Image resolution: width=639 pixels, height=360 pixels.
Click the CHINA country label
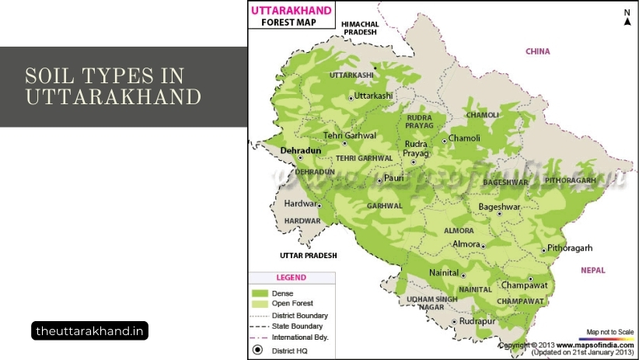(x=537, y=51)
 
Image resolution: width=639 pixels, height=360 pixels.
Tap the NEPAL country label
(x=593, y=269)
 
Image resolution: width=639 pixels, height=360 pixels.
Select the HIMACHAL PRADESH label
(x=358, y=28)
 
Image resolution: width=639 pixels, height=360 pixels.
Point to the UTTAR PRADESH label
(x=309, y=255)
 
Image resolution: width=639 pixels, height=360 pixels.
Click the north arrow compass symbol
(x=627, y=18)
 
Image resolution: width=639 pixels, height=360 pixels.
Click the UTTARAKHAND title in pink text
(x=291, y=10)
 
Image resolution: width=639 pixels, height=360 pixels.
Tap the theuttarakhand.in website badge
(x=90, y=331)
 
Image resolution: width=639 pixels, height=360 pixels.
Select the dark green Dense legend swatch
(x=259, y=293)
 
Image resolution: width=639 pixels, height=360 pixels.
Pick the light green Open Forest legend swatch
(x=259, y=303)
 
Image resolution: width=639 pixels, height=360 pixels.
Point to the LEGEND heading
(x=292, y=278)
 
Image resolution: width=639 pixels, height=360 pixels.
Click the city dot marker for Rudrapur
(x=454, y=321)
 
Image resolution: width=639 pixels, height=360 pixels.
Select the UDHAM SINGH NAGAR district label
(x=428, y=303)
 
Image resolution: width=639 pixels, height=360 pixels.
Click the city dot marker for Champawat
(x=530, y=278)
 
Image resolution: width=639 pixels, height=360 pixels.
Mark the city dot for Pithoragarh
(x=543, y=250)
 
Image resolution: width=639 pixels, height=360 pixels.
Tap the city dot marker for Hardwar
(x=319, y=205)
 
